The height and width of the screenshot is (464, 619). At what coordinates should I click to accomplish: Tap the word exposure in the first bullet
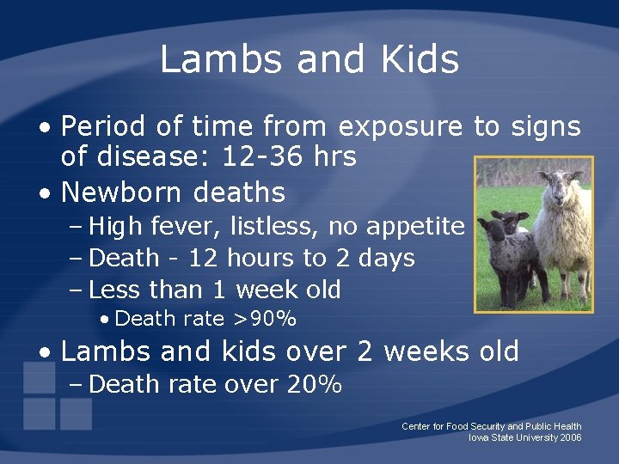coord(400,127)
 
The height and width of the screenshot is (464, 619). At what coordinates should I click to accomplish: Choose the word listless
coord(260,227)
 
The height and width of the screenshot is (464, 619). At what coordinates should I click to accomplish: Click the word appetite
coord(415,227)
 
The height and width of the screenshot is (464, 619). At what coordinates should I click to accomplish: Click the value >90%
coord(265,320)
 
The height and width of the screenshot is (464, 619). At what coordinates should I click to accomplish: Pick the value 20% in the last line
coord(315,385)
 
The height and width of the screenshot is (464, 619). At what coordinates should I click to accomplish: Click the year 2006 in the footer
coord(570,438)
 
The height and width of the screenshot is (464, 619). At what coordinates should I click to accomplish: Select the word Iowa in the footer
coord(479,438)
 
